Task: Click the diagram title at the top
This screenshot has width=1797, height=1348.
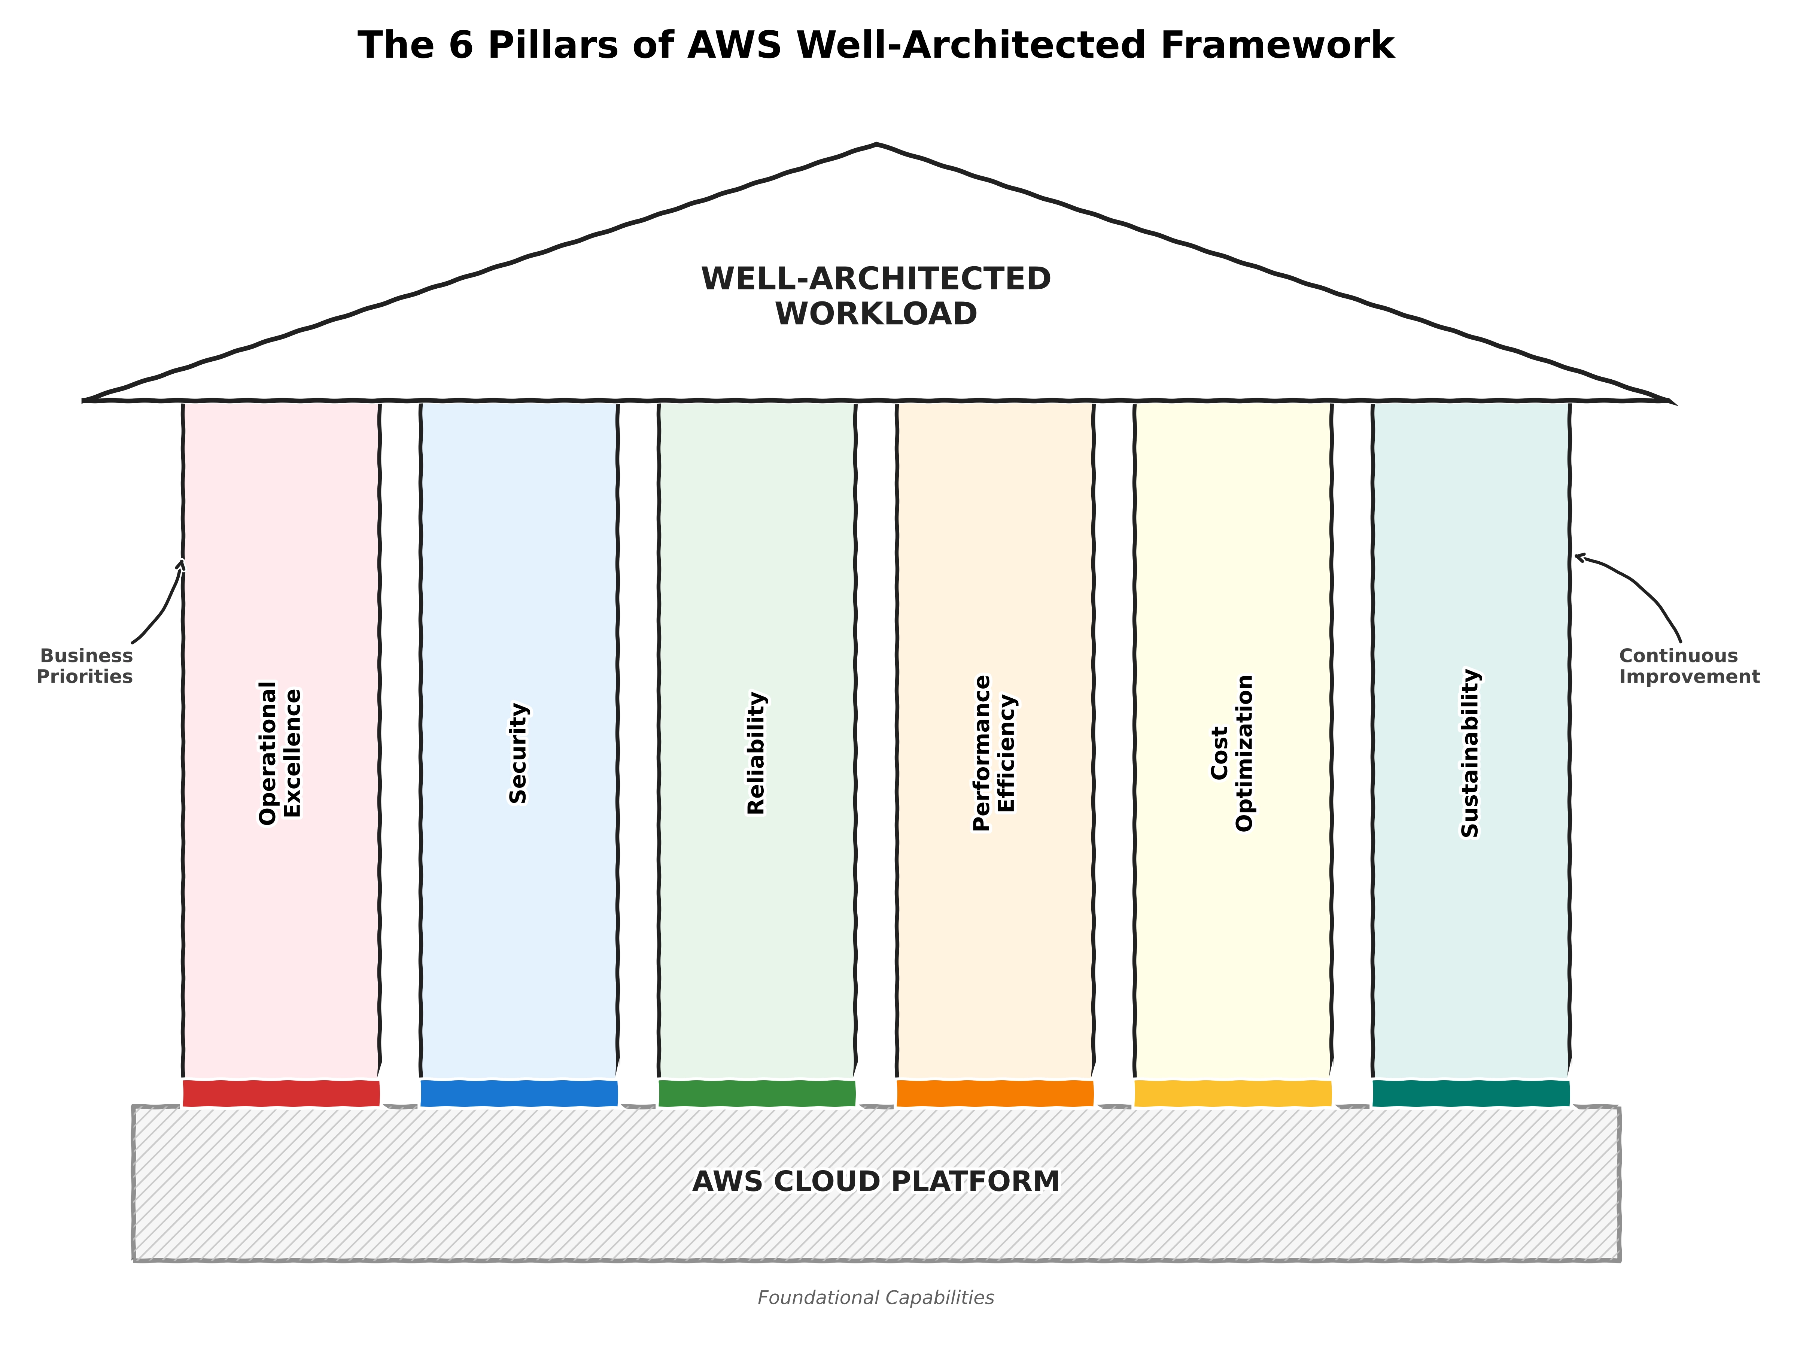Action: click(x=876, y=46)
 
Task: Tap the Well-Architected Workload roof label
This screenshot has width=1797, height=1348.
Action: click(x=876, y=297)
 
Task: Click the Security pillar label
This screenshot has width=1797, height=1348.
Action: click(x=518, y=753)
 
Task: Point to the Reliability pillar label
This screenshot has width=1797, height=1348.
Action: click(x=756, y=753)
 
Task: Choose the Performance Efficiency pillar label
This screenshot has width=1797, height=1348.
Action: click(x=994, y=753)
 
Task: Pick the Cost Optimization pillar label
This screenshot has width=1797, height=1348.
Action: click(x=1232, y=753)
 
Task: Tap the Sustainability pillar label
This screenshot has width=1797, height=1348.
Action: click(x=1471, y=753)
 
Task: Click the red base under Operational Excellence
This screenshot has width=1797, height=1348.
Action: click(x=281, y=1093)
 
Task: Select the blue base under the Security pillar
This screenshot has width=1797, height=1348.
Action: click(x=519, y=1093)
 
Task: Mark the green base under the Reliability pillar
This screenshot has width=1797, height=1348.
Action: click(x=757, y=1093)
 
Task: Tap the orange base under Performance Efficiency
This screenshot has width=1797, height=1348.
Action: click(x=995, y=1093)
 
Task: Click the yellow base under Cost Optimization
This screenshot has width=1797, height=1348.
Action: click(x=1233, y=1093)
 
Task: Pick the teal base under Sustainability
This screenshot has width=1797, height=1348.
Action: click(x=1471, y=1093)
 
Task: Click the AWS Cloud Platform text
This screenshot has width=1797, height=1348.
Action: click(x=876, y=1181)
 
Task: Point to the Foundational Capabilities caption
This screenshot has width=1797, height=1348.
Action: click(x=876, y=1297)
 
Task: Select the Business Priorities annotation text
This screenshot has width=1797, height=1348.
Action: click(x=85, y=666)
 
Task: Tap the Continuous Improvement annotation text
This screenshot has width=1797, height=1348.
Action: click(x=1689, y=666)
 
